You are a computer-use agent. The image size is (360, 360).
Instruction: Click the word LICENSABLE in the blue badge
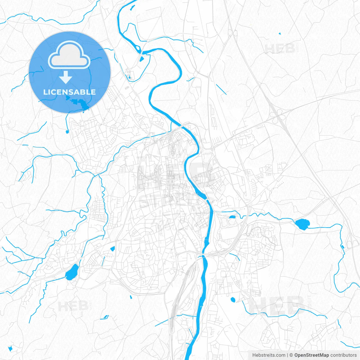(x=69, y=92)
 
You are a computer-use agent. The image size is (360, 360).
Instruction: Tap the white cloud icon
(x=69, y=55)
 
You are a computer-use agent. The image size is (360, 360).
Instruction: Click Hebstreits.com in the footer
(x=269, y=355)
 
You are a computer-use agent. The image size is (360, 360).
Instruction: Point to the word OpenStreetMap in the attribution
(x=311, y=355)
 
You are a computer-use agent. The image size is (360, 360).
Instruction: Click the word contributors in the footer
(x=343, y=355)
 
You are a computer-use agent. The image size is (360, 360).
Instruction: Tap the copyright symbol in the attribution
(x=291, y=355)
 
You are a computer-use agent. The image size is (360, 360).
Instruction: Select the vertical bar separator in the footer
(x=287, y=355)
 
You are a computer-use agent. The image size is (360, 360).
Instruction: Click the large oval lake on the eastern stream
(x=302, y=224)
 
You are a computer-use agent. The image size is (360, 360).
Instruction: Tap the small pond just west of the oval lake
(x=232, y=217)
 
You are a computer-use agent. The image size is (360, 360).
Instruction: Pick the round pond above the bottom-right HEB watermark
(x=233, y=300)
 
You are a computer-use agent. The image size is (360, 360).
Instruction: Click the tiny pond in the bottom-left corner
(x=10, y=348)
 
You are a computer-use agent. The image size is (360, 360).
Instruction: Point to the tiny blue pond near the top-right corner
(x=280, y=34)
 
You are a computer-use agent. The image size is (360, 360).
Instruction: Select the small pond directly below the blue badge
(x=67, y=131)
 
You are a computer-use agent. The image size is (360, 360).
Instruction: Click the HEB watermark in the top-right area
(x=280, y=49)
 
